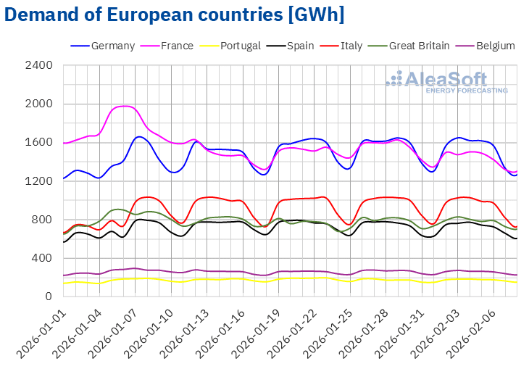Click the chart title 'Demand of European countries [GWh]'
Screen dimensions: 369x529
coord(175,14)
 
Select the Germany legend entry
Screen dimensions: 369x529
coord(113,46)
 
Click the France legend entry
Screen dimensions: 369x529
coord(176,46)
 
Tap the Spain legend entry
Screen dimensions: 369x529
coord(299,46)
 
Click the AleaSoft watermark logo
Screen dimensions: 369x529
coord(446,80)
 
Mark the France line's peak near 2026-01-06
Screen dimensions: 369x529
coord(125,106)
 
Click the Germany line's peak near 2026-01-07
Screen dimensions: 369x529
coord(139,136)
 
